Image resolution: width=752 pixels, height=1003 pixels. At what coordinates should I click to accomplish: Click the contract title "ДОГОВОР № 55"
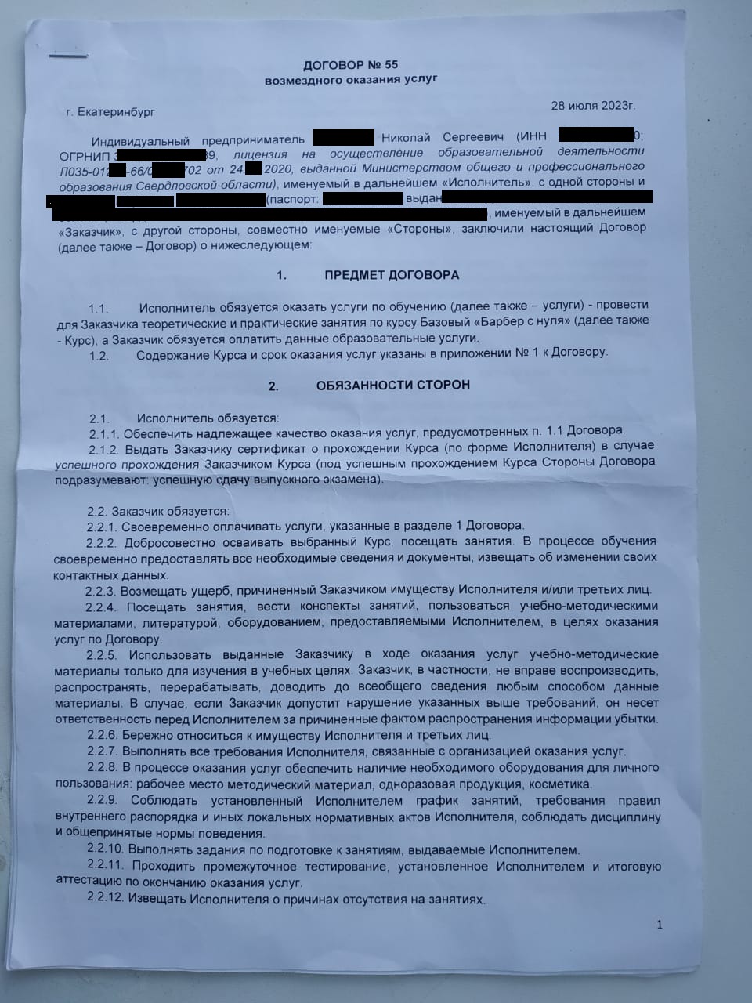[x=350, y=64]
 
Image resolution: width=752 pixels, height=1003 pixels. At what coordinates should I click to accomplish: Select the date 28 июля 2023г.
[x=593, y=105]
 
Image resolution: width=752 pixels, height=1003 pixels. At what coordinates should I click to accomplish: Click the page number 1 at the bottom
[x=660, y=925]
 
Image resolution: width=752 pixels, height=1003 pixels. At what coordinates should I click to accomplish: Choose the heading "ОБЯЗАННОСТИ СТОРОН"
[x=393, y=386]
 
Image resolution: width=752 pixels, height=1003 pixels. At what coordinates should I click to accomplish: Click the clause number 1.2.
[x=99, y=354]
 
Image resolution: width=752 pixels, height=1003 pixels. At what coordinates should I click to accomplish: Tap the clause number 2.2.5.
[x=102, y=654]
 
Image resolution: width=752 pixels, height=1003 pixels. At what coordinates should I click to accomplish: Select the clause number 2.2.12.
[x=106, y=899]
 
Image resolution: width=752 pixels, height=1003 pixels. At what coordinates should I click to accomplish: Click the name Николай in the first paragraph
[x=406, y=136]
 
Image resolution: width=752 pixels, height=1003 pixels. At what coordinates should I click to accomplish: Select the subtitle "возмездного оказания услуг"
[x=350, y=79]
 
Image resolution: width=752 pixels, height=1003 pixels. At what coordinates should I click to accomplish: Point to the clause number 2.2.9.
[x=102, y=801]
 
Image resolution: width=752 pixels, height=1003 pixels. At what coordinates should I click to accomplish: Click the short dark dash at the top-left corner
[x=63, y=56]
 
